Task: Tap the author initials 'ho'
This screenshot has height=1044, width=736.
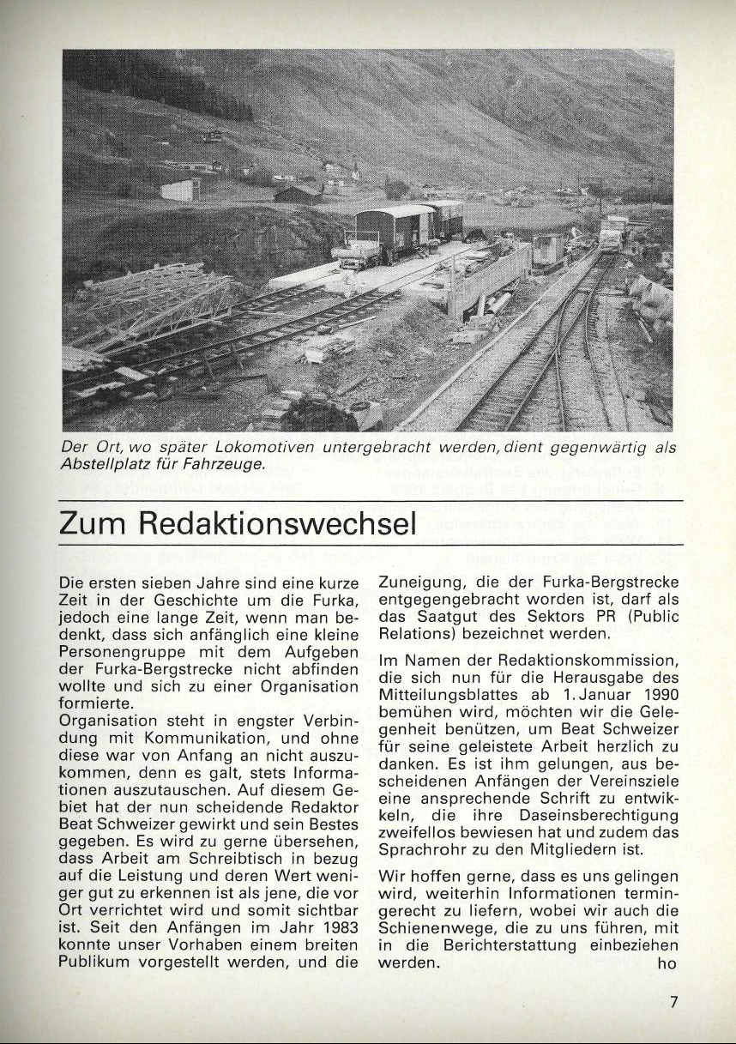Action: pyautogui.click(x=668, y=963)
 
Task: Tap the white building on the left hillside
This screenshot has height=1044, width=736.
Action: pyautogui.click(x=180, y=190)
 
